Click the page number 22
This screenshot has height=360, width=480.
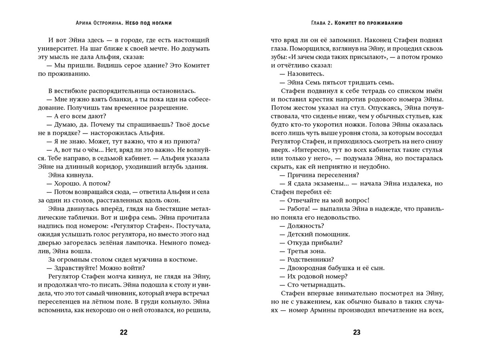pyautogui.click(x=124, y=332)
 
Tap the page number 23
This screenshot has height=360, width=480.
pyautogui.click(x=357, y=332)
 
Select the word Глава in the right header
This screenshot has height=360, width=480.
pyautogui.click(x=320, y=23)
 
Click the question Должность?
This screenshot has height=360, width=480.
pyautogui.click(x=305, y=226)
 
